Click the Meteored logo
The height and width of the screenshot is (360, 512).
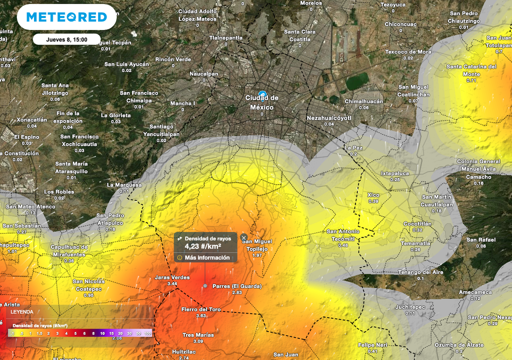pos(66,17)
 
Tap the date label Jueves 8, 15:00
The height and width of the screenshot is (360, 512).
pos(66,39)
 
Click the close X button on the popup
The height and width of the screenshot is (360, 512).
pos(243,237)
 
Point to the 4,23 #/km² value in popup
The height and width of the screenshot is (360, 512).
pos(203,246)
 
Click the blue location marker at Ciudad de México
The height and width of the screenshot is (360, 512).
pos(262,94)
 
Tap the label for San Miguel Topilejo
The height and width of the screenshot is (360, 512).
pos(257,245)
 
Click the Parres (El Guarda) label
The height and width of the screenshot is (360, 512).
pos(237,286)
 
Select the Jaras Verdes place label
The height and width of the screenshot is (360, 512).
pos(172,277)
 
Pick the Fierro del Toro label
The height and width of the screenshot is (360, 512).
pos(201,309)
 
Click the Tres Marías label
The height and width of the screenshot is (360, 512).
pos(198,335)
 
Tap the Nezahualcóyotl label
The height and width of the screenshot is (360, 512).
pos(329,118)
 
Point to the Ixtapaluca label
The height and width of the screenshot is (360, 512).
pos(395,173)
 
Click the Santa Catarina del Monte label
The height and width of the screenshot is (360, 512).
pos(471,70)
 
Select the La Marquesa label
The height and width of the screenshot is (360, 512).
pos(124,185)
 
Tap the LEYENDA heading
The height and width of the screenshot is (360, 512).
pos(22,312)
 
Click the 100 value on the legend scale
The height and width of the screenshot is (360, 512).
pos(147,333)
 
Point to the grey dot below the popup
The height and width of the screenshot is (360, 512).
pos(205,285)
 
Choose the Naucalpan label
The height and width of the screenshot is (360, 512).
pos(203,74)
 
